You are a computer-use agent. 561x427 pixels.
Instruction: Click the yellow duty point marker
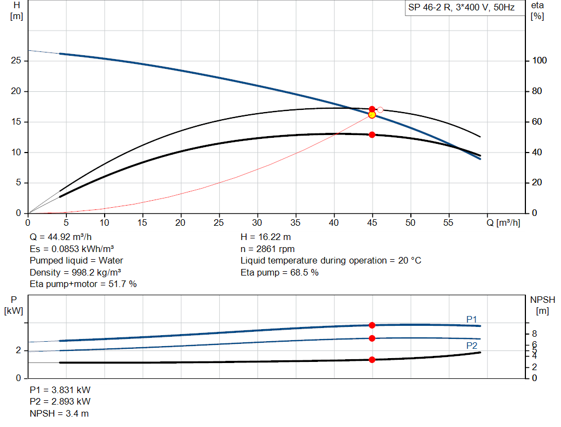tap(372, 114)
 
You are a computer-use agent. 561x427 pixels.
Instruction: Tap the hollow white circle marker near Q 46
tap(380, 110)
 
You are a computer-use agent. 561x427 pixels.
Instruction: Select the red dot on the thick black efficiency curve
tap(372, 134)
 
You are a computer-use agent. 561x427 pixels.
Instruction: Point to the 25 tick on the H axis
tap(16, 61)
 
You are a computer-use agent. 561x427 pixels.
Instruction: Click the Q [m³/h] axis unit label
tap(502, 223)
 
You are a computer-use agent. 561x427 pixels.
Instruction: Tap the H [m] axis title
tap(16, 10)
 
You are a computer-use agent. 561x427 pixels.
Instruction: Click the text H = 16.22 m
tap(266, 237)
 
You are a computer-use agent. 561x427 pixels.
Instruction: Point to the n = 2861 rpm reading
tap(267, 249)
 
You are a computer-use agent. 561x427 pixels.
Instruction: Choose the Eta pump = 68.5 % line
tap(279, 272)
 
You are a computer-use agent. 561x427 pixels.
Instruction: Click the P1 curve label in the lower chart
tap(472, 319)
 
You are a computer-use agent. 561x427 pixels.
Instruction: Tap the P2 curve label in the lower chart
tap(472, 346)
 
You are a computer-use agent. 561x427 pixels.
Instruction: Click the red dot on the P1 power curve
tap(372, 325)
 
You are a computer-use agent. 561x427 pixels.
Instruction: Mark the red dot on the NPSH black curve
tap(372, 360)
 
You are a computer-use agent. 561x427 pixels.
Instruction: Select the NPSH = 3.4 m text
tap(59, 413)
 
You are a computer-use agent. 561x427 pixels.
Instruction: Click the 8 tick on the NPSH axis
tap(534, 334)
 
